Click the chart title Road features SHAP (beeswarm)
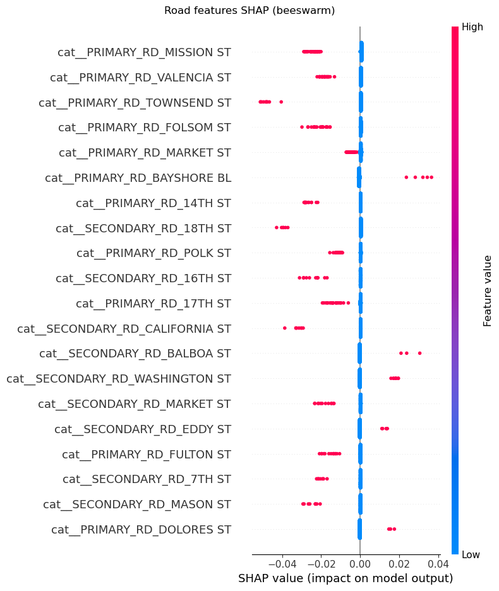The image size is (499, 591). [249, 10]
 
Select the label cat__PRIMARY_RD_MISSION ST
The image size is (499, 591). [144, 52]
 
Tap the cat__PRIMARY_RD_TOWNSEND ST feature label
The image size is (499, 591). [135, 102]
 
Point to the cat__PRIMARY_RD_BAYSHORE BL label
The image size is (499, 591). [138, 177]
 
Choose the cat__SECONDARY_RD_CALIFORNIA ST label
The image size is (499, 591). [124, 328]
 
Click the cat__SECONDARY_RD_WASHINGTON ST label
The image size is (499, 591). [119, 379]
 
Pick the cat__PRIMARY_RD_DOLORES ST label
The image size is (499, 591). [141, 529]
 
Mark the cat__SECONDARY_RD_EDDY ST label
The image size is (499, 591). [143, 429]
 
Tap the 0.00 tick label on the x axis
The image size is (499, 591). [360, 563]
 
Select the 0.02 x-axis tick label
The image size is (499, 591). [399, 563]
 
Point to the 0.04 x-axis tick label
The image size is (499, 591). [438, 563]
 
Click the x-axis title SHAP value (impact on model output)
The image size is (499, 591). [346, 578]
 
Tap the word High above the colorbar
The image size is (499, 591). [472, 27]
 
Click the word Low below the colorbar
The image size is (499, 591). [471, 554]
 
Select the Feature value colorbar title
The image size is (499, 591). [488, 290]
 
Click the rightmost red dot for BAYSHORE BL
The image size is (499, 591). [431, 177]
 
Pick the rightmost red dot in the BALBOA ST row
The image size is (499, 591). [419, 353]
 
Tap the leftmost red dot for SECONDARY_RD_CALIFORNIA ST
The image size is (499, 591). [285, 328]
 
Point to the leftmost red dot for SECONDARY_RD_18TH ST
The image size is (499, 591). [277, 227]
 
